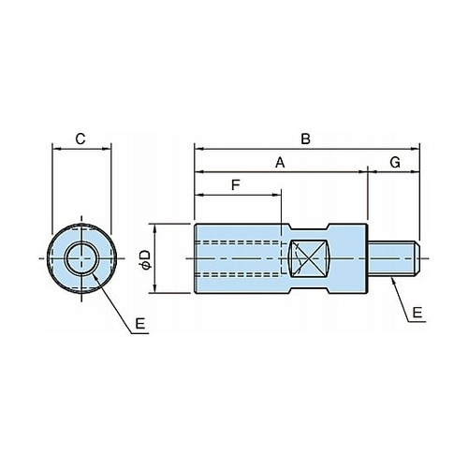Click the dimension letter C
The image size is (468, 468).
pos(80,139)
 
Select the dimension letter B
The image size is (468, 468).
pos(306,139)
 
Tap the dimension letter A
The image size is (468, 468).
pos(280,163)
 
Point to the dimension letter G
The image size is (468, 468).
pos(395,163)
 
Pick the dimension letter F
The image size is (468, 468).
pos(236,185)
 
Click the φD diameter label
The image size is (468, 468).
pos(145,259)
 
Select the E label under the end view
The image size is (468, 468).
pos(140,324)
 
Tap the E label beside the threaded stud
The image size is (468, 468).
pos(417,313)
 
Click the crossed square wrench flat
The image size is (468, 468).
pos(308,258)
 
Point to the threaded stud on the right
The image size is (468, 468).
pos(394,258)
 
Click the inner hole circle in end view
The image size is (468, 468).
pos(81,258)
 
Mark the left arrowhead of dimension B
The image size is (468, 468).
pos(198,149)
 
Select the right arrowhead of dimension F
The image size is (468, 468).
pos(277,196)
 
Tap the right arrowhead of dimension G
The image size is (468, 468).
pos(416,171)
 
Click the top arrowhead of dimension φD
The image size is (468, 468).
pos(155,228)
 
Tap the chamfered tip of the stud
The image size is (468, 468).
pos(417,258)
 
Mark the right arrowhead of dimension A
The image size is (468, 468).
pos(363,171)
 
